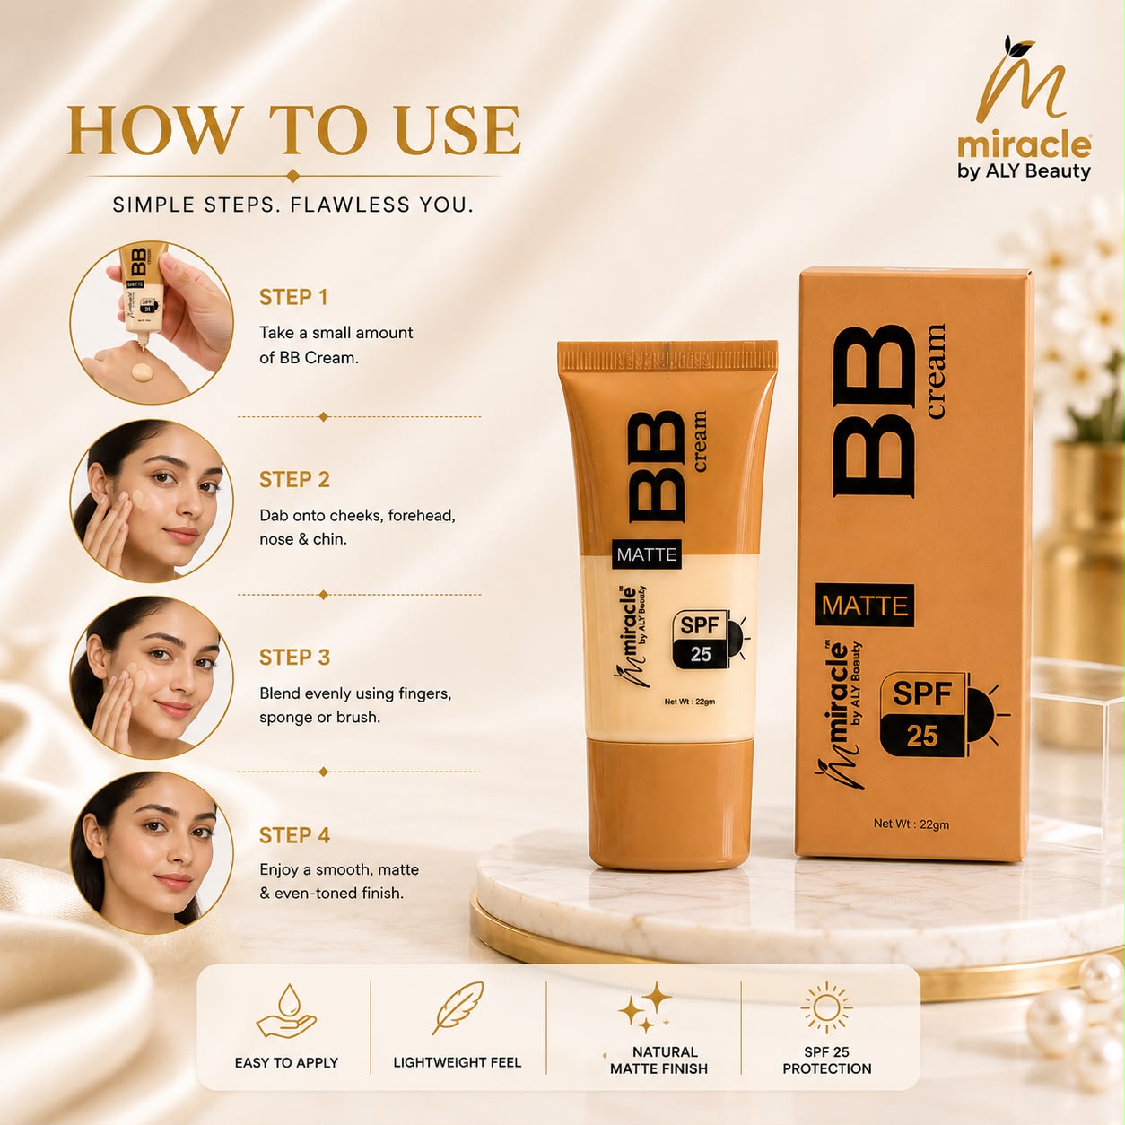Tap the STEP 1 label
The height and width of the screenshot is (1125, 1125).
pyautogui.click(x=293, y=297)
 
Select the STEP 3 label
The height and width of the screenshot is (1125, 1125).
pyautogui.click(x=294, y=658)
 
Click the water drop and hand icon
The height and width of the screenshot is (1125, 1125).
pyautogui.click(x=286, y=1011)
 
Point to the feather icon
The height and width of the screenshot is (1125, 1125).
pyautogui.click(x=458, y=1008)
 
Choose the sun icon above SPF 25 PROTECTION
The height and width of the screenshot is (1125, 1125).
pyautogui.click(x=826, y=1008)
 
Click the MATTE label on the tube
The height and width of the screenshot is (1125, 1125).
pyautogui.click(x=647, y=554)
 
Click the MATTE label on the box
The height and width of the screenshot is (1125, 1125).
pyautogui.click(x=865, y=606)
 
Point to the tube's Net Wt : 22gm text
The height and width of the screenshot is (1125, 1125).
pyautogui.click(x=690, y=702)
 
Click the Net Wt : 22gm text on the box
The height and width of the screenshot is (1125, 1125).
pyautogui.click(x=911, y=824)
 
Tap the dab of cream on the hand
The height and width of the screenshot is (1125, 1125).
pyautogui.click(x=143, y=372)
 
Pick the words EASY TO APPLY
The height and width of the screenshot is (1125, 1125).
pyautogui.click(x=287, y=1063)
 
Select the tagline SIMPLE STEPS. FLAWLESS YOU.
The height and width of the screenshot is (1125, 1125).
pyautogui.click(x=293, y=205)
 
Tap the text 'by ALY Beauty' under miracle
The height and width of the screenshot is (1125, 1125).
pyautogui.click(x=1024, y=171)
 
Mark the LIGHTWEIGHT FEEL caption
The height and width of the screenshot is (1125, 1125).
pyautogui.click(x=458, y=1062)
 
